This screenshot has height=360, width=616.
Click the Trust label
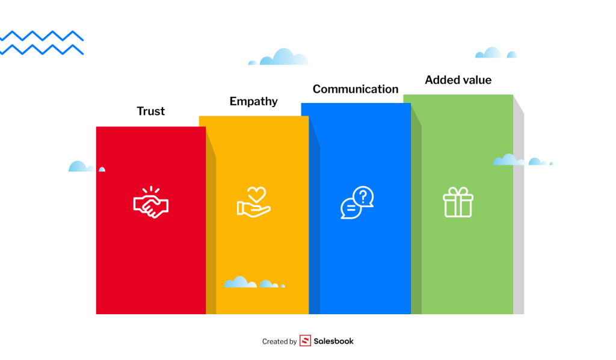click(150, 111)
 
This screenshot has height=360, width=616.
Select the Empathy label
click(253, 101)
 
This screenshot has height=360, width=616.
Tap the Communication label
click(355, 89)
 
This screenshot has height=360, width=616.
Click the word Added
click(442, 80)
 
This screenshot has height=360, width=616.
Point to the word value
click(476, 80)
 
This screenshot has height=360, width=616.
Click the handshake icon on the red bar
click(150, 202)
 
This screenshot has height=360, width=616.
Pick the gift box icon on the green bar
click(458, 202)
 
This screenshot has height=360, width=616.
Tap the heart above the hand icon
click(257, 194)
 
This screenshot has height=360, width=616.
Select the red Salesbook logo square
click(305, 341)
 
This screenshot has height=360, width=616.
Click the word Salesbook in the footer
click(333, 341)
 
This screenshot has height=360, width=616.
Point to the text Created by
click(279, 341)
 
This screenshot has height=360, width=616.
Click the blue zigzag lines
click(41, 42)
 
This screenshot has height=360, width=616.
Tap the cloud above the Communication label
click(280, 58)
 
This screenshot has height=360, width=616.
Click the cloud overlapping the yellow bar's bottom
click(253, 282)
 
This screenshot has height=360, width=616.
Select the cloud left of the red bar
click(82, 166)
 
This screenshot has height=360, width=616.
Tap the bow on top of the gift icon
click(458, 191)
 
